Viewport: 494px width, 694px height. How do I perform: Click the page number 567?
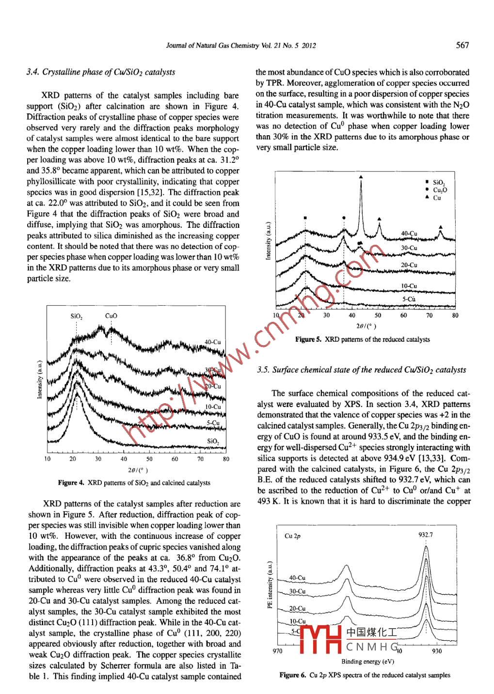pyautogui.click(x=462, y=45)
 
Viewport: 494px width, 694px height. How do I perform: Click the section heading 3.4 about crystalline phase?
pyautogui.click(x=101, y=72)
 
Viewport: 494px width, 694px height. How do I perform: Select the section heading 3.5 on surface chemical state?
pyautogui.click(x=361, y=370)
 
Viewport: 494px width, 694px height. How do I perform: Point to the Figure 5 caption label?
pyautogui.click(x=308, y=340)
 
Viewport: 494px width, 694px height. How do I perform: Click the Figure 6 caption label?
pyautogui.click(x=293, y=675)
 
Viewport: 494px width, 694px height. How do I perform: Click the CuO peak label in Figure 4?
pyautogui.click(x=111, y=316)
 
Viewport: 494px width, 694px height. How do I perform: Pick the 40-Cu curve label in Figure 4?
pyautogui.click(x=212, y=342)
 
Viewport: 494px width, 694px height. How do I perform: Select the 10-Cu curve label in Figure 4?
pyautogui.click(x=213, y=407)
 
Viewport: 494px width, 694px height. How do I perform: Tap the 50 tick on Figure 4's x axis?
pyautogui.click(x=149, y=459)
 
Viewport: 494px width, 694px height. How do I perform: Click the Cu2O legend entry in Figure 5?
pyautogui.click(x=440, y=190)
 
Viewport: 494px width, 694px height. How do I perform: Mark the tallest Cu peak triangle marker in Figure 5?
pyautogui.click(x=361, y=177)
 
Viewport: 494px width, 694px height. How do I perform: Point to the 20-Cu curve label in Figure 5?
pyautogui.click(x=409, y=265)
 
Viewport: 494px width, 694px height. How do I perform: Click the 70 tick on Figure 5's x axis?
pyautogui.click(x=429, y=315)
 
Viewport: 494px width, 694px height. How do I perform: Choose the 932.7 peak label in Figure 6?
pyautogui.click(x=426, y=535)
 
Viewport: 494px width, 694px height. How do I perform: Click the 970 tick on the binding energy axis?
pyautogui.click(x=277, y=651)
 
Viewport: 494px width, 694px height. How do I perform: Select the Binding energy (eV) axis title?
pyautogui.click(x=367, y=662)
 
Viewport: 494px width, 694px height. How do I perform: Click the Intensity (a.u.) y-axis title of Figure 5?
pyautogui.click(x=268, y=241)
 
